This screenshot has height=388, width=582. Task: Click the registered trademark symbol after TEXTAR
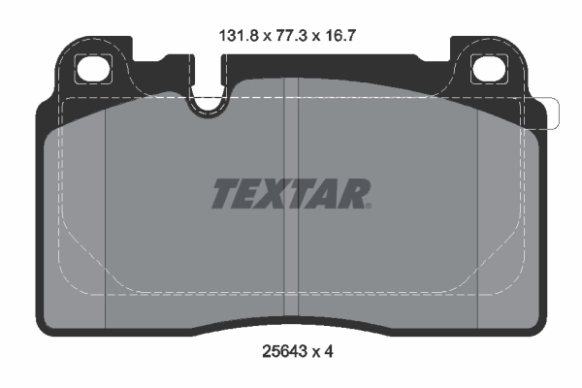(368, 205)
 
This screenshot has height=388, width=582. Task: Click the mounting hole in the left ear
(94, 69)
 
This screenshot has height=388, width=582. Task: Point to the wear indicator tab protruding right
(547, 113)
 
